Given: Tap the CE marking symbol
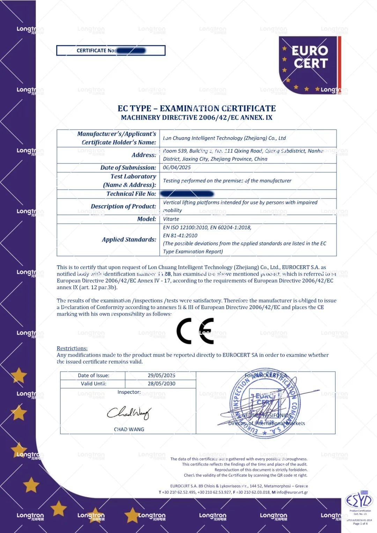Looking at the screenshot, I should coord(195,331).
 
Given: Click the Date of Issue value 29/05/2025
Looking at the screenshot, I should coord(161,375).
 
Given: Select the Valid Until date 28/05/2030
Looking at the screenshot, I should coord(161,384).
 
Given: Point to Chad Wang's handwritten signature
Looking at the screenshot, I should coord(129,413).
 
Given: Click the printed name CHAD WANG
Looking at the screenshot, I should coord(129,429).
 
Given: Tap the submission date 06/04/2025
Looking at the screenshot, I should coord(177,168).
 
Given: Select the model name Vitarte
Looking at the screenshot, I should coord(171,219).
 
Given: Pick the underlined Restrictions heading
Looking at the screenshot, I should coord(72,348).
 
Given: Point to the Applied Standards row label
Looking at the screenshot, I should coord(129,239).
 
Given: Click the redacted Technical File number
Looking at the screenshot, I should coord(187,194).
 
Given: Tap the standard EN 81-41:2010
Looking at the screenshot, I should coord(180,236).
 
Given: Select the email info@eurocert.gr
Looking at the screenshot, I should coord(292,492).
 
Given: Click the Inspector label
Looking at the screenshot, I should coord(129,392).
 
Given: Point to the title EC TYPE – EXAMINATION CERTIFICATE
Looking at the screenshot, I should coord(197,109).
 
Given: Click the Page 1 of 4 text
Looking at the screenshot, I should coord(360,524).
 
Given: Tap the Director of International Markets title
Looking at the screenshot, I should coord(266,423).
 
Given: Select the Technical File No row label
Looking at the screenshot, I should coord(131,194).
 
